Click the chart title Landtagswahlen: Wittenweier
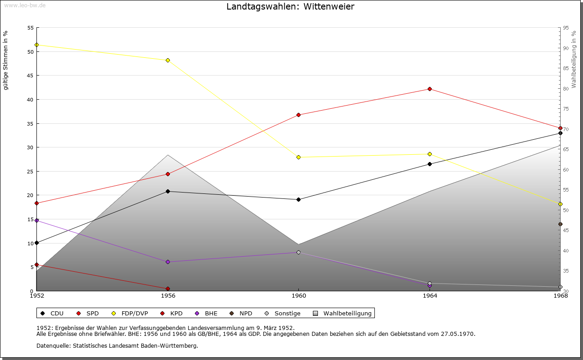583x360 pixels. click(290, 6)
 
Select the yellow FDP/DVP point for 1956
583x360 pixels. click(168, 60)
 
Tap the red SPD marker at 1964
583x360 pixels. click(430, 89)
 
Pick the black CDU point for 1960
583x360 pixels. click(298, 199)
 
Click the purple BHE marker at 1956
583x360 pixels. click(168, 262)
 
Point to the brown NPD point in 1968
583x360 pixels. click(560, 224)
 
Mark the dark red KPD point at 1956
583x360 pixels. click(168, 289)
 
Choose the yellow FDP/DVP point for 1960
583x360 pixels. click(298, 157)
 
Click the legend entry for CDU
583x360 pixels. click(52, 313)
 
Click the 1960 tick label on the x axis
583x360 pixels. click(298, 296)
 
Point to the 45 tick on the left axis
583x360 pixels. click(30, 76)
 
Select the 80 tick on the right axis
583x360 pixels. click(566, 89)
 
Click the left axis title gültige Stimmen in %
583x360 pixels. click(5, 60)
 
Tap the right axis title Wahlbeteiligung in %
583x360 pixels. click(574, 60)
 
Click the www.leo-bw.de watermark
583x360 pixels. click(24, 5)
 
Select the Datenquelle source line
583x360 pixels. click(117, 345)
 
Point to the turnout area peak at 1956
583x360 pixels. click(168, 155)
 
